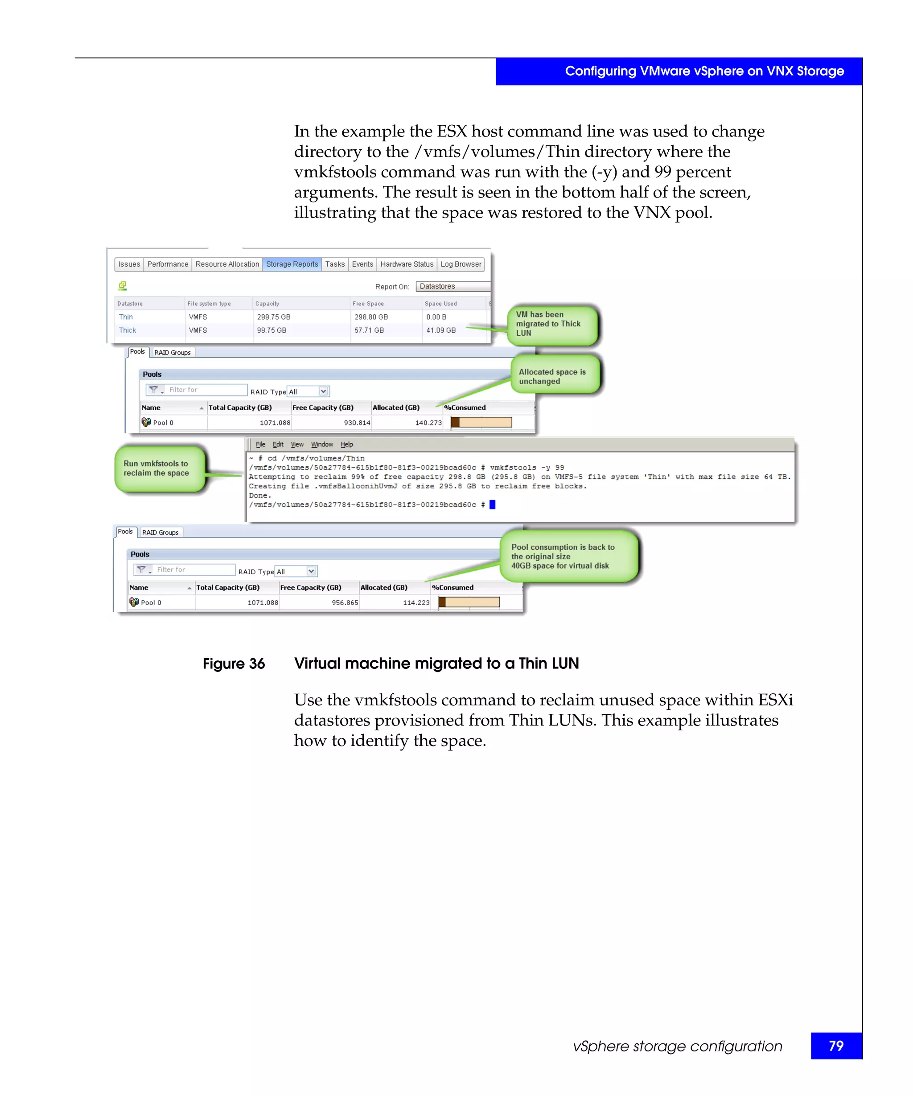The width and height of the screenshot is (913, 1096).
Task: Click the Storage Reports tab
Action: [x=292, y=264]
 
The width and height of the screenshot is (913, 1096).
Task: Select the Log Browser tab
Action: [x=461, y=264]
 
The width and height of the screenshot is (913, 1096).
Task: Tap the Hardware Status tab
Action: [x=407, y=264]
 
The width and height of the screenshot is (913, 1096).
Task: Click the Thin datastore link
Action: [x=126, y=317]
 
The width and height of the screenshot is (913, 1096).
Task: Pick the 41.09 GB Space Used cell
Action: [x=440, y=330]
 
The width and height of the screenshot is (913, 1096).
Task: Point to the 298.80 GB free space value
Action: [x=370, y=317]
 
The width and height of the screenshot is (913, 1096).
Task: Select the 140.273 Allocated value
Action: [x=428, y=423]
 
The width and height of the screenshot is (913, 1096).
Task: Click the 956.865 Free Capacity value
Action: [x=345, y=602]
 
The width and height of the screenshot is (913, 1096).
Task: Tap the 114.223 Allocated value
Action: [x=416, y=602]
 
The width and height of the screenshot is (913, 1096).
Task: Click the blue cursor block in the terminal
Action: [x=492, y=504]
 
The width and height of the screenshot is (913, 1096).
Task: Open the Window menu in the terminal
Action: [x=322, y=444]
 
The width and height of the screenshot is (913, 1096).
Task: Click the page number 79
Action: [x=835, y=1046]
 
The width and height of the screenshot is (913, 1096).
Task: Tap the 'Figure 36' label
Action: [x=234, y=663]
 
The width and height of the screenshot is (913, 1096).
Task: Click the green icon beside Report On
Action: [x=123, y=285]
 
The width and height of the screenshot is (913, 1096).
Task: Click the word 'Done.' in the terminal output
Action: [x=260, y=495]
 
